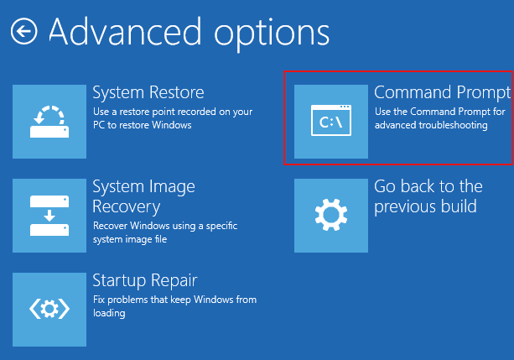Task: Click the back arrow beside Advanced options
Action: [24, 31]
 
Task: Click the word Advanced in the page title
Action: [125, 32]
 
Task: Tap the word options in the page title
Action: [272, 35]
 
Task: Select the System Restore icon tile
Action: [49, 122]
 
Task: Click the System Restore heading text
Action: [148, 92]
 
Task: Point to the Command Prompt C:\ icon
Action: [331, 120]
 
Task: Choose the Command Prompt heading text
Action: [442, 93]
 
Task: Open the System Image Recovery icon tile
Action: [49, 216]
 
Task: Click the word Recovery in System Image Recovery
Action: [127, 207]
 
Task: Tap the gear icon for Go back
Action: [331, 215]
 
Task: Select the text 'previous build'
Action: [425, 206]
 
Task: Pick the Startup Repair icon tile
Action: [49, 310]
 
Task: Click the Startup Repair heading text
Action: [145, 281]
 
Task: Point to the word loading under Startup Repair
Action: [109, 313]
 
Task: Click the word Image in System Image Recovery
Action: [172, 187]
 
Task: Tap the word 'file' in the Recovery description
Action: [161, 239]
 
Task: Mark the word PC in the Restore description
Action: [99, 125]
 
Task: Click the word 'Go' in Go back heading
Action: [386, 186]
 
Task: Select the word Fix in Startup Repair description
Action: [99, 300]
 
